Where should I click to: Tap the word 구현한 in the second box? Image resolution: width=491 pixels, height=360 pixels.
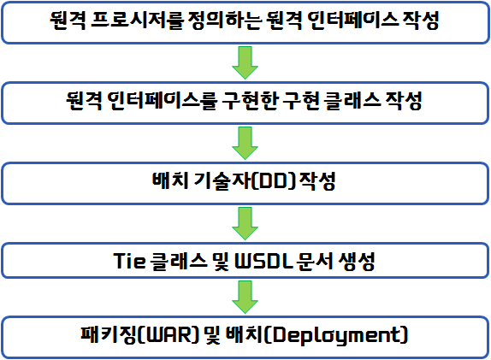250,101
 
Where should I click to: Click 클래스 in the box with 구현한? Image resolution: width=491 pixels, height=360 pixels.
352,101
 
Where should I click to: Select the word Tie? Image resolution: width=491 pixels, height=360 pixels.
129,261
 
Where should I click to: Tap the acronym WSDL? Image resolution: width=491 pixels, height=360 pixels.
263,261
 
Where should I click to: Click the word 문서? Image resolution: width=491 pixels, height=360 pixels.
313,261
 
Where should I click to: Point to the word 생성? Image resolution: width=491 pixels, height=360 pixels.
357,261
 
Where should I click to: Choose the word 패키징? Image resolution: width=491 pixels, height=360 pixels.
109,334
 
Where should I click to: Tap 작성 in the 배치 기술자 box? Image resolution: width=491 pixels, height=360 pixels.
317,180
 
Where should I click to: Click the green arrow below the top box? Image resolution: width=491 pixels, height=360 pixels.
245,62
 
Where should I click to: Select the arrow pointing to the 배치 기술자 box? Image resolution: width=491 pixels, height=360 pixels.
245,143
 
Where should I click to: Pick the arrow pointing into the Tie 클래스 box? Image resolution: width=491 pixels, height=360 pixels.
245,223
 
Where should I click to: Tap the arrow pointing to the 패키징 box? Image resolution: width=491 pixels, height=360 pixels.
245,297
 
